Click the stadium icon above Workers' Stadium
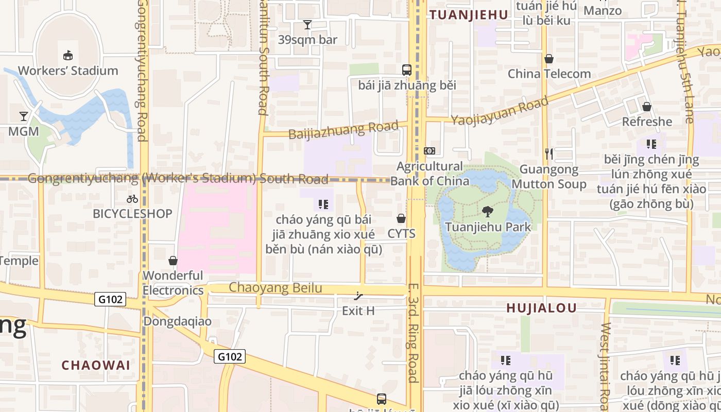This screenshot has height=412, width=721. [x=67, y=55]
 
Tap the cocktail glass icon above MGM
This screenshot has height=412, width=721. [x=24, y=116]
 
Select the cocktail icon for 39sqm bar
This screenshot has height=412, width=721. [x=307, y=24]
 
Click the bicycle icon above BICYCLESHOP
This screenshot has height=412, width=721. [x=132, y=198]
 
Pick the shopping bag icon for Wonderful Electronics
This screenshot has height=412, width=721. [x=173, y=261]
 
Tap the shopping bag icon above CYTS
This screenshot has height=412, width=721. [x=401, y=219]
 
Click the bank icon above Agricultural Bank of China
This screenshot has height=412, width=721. [x=430, y=151]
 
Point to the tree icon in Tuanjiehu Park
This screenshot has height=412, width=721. [x=487, y=211]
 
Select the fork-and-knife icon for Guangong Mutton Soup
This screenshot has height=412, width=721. [x=549, y=153]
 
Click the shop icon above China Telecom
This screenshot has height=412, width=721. [x=549, y=59]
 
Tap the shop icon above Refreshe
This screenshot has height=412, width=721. [x=647, y=107]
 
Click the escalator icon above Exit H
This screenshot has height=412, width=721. [x=358, y=296]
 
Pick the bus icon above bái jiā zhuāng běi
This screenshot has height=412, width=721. [x=407, y=70]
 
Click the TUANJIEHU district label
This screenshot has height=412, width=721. [x=469, y=15]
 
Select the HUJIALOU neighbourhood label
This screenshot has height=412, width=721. [x=541, y=308]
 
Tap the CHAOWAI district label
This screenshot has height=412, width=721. [x=96, y=365]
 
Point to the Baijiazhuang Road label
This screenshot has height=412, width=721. [x=344, y=130]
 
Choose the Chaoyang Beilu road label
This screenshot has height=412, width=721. [x=276, y=288]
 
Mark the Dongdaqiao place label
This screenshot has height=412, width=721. [x=177, y=321]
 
